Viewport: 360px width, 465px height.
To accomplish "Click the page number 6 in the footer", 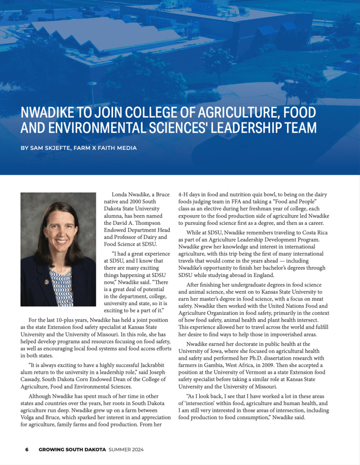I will pyautogui.click(x=27, y=450).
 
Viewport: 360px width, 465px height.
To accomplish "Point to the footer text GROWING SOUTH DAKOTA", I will pyautogui.click(x=73, y=450).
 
